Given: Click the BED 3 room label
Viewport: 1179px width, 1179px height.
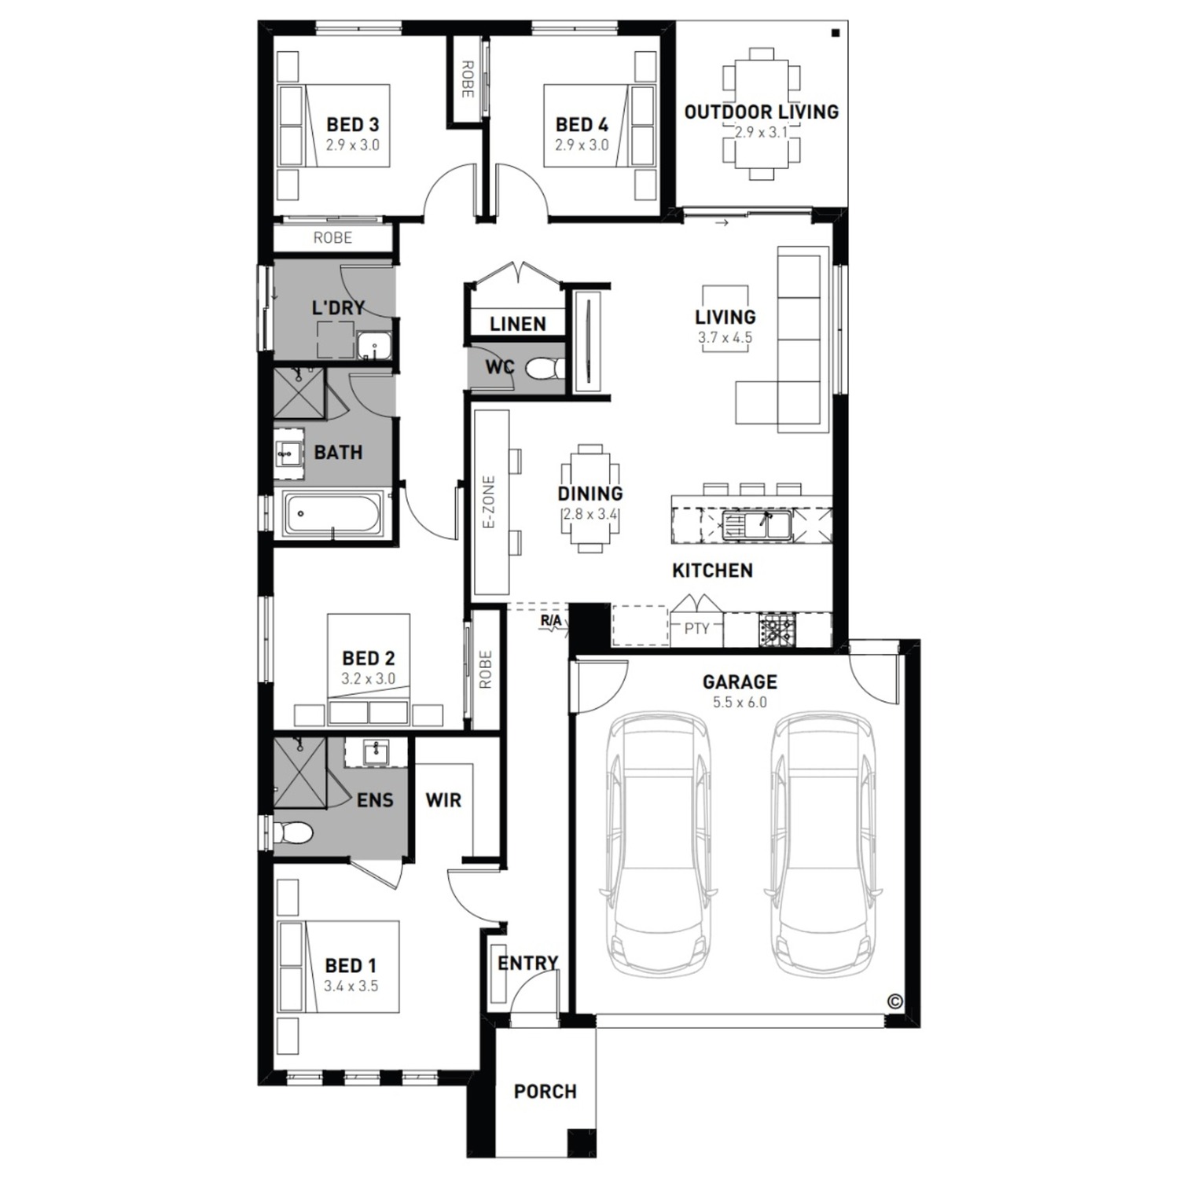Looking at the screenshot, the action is pos(352,124).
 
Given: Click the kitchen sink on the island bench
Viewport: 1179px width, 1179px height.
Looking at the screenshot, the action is pos(755,524).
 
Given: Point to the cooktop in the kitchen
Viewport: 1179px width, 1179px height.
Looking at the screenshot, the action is pos(777,628).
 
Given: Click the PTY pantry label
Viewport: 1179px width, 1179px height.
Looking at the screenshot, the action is pos(696,629).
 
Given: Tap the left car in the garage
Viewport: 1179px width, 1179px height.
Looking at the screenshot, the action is pos(658,843).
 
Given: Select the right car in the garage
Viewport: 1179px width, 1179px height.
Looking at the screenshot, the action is pos(823,843).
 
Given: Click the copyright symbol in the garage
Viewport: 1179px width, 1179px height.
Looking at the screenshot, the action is pos(894,1001).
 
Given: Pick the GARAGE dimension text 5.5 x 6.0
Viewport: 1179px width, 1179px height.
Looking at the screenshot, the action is pos(740,703).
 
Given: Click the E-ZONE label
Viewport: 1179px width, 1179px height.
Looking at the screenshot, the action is pos(489,501).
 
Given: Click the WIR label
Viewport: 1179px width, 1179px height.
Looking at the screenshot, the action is pos(443,800).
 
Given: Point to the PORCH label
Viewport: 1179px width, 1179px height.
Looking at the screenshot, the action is pos(545,1092).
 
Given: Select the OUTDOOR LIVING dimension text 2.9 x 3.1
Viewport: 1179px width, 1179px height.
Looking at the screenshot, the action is pos(762,132).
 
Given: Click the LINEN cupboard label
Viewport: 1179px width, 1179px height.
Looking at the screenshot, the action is pos(517,324).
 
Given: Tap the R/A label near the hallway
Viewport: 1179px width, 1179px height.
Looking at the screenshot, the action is pos(551,621).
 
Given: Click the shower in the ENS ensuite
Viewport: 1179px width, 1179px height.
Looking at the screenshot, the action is pos(299,773).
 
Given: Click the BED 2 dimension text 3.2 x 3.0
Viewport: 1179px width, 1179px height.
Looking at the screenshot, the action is pos(369,679).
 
